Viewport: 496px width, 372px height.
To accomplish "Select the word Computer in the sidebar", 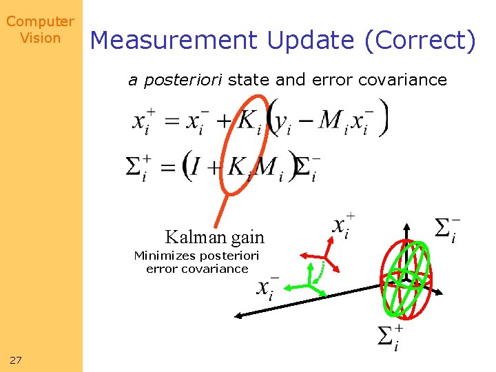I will click(x=40, y=22).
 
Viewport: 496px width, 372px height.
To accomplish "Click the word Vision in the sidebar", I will click(x=41, y=38).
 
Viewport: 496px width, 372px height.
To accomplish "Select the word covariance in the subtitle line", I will click(x=407, y=80).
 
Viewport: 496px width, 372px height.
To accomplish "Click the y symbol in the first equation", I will click(x=281, y=123).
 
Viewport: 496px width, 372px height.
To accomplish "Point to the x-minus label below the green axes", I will click(x=267, y=289).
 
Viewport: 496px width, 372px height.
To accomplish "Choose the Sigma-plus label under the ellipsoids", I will click(x=390, y=337).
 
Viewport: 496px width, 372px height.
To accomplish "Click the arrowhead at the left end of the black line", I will click(x=239, y=316).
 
